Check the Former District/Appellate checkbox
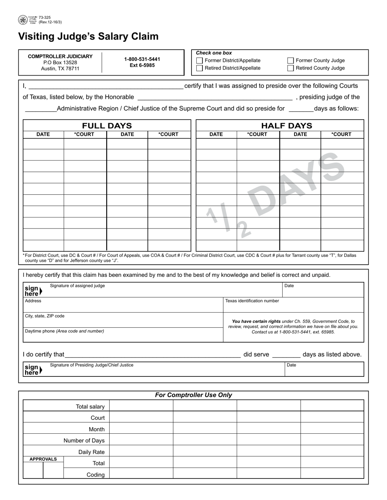pyautogui.click(x=200, y=61)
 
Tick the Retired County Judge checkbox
pyautogui.click(x=290, y=68)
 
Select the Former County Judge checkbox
pyautogui.click(x=290, y=61)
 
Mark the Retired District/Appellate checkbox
pyautogui.click(x=200, y=68)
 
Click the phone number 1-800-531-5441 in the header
pyautogui.click(x=142, y=59)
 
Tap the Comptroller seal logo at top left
pyautogui.click(x=23, y=20)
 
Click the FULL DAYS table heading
pyautogui.click(x=107, y=126)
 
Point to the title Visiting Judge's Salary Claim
pyautogui.click(x=88, y=37)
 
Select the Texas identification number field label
pyautogui.click(x=252, y=301)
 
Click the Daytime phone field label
pyautogui.click(x=64, y=331)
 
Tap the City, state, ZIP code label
pyautogui.click(x=45, y=316)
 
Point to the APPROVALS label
pyautogui.click(x=43, y=459)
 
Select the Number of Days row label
pyautogui.click(x=84, y=441)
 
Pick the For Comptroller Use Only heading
pyautogui.click(x=193, y=395)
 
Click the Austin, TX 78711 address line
pyautogui.click(x=60, y=69)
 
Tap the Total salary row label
pyautogui.click(x=90, y=407)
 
